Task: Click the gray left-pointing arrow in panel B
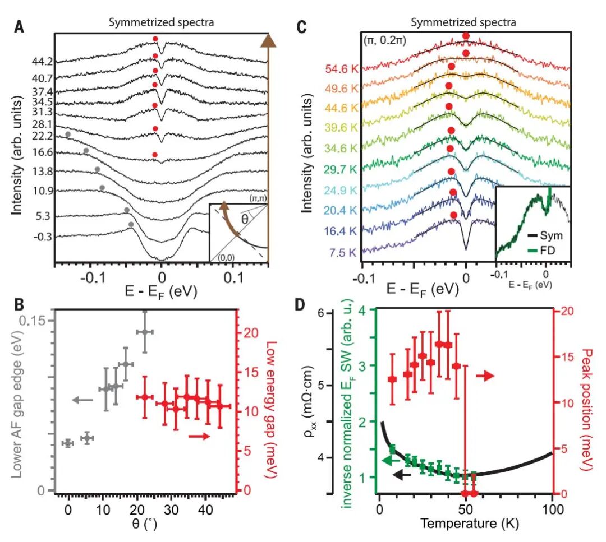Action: coord(82,400)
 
